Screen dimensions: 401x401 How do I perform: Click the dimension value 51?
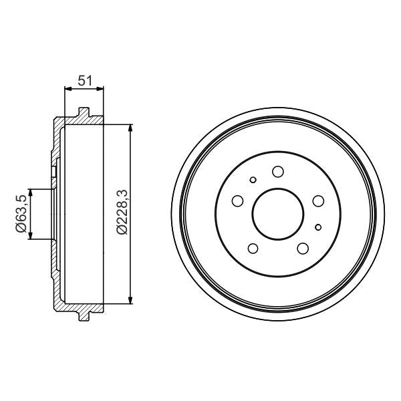[x=84, y=81]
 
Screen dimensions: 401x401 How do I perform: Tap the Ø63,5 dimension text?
[x=22, y=214]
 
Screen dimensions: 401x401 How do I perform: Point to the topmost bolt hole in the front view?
[x=277, y=172]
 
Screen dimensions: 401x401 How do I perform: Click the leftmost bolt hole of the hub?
[x=237, y=200]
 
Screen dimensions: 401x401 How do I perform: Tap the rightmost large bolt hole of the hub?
[x=317, y=200]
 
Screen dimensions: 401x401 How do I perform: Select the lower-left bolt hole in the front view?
[x=253, y=249]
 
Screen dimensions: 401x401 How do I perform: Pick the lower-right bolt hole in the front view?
[x=302, y=249]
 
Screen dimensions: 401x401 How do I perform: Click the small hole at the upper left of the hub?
[x=253, y=179]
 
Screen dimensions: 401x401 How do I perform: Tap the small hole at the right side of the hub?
[x=319, y=227]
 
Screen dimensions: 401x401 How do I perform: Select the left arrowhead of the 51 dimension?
[x=68, y=88]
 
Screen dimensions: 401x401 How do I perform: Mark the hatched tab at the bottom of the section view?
[x=84, y=313]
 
